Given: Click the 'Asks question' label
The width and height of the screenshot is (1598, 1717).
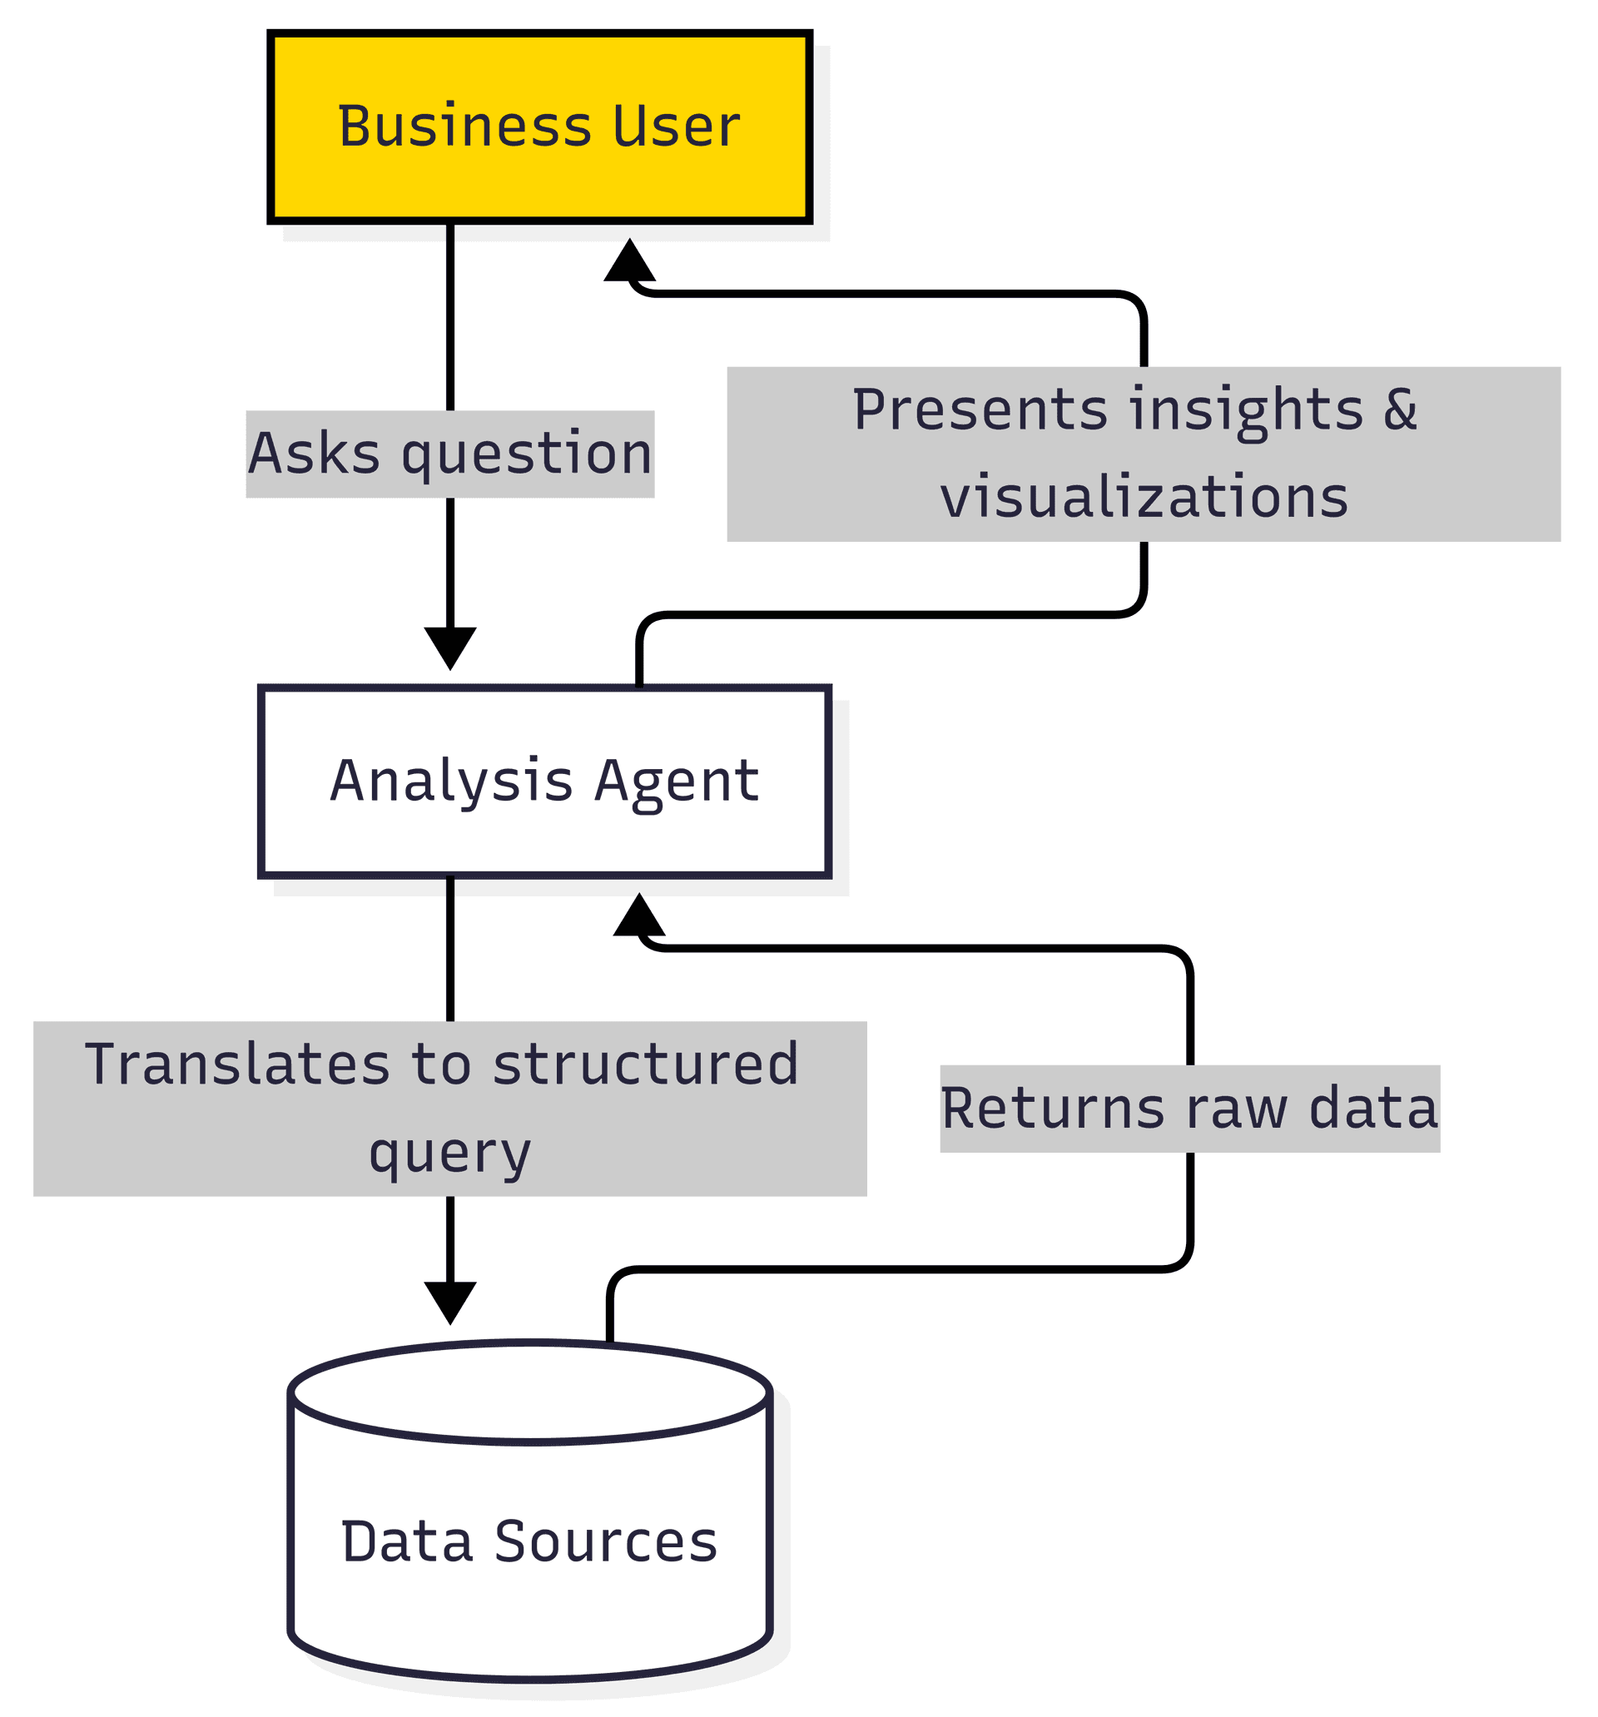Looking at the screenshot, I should click(x=450, y=454).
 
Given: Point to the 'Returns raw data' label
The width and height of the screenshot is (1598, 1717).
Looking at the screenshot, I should click(x=1189, y=1108).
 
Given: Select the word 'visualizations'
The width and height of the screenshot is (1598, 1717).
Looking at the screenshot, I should click(x=1144, y=498).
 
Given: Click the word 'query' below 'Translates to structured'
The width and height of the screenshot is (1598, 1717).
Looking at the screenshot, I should click(x=450, y=1153).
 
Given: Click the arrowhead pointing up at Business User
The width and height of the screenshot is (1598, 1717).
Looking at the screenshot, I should click(x=630, y=261).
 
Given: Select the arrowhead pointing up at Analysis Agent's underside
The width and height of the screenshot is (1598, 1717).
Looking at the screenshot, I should click(x=639, y=916).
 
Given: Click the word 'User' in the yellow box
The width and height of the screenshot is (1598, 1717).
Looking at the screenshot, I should click(x=676, y=127).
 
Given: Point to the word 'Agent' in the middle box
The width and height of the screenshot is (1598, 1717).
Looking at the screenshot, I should click(x=677, y=781).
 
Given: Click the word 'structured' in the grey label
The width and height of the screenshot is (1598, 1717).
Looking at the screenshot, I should click(x=645, y=1064).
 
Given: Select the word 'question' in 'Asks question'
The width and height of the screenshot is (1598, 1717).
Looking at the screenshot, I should click(x=527, y=454).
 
